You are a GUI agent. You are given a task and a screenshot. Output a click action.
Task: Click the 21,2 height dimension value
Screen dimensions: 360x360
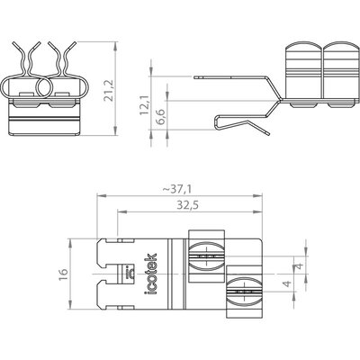pyautogui.click(x=108, y=90)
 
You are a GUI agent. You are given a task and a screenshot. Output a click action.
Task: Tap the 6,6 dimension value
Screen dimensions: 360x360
pyautogui.click(x=161, y=117)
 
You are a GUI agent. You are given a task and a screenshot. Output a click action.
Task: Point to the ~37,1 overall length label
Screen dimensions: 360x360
pyautogui.click(x=177, y=189)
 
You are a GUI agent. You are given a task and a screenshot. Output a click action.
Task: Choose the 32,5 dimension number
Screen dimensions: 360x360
pyautogui.click(x=188, y=205)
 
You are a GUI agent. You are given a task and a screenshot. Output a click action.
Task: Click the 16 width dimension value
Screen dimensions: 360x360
pyautogui.click(x=64, y=274)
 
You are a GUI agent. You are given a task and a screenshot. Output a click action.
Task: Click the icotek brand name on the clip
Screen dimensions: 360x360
pyautogui.click(x=152, y=274)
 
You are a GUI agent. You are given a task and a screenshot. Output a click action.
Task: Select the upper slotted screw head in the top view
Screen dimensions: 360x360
pyautogui.click(x=206, y=256)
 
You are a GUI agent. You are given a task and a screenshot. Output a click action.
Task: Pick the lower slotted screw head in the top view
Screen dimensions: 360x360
pyautogui.click(x=245, y=292)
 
